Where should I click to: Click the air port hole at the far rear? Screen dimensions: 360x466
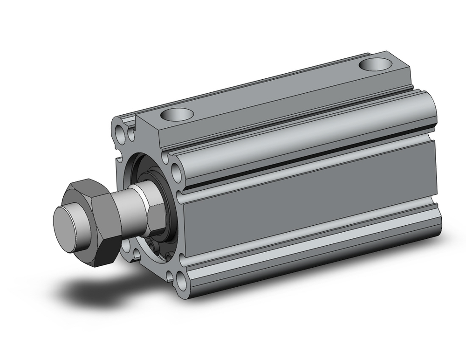tap(376, 64)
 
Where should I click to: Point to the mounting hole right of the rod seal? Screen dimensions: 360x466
tap(177, 173)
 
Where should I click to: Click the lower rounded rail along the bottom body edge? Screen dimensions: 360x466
tap(308, 261)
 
